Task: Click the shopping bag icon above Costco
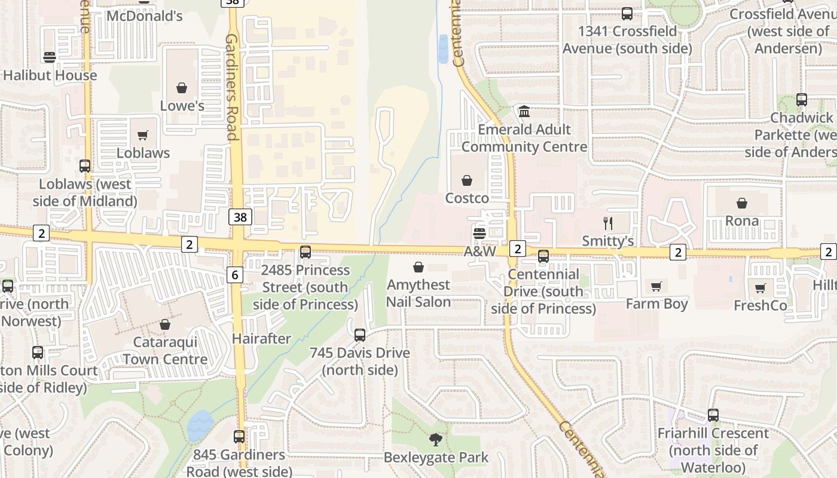[467, 180]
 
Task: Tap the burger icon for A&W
[479, 234]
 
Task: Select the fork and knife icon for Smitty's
[608, 223]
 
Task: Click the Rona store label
[741, 220]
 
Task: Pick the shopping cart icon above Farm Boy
[656, 286]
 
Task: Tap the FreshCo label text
[760, 305]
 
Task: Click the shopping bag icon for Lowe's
[182, 88]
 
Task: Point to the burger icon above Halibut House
[50, 57]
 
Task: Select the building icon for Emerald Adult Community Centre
[524, 112]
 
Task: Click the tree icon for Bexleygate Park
[436, 440]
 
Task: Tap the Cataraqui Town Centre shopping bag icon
[164, 324]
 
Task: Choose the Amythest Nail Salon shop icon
[418, 267]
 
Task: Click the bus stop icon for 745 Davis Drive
[359, 335]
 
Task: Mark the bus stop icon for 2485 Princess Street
[306, 252]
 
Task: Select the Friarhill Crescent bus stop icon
[713, 415]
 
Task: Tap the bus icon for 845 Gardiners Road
[239, 437]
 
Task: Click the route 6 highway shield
[235, 274]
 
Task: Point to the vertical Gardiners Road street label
[232, 87]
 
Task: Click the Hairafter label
[261, 339]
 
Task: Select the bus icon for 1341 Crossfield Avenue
[627, 14]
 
